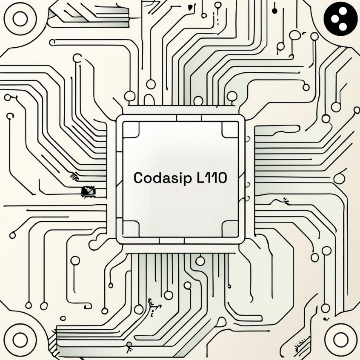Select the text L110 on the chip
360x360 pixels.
(x=211, y=178)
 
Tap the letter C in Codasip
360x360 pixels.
(x=138, y=178)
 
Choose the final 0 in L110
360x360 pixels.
(x=222, y=178)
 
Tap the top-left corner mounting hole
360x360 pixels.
(x=20, y=19)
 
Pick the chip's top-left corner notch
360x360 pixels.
(x=129, y=129)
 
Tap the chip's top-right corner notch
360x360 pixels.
(x=230, y=129)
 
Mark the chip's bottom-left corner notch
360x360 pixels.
(x=129, y=229)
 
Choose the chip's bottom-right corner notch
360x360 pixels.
(x=230, y=229)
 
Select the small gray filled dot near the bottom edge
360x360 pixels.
(x=129, y=344)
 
